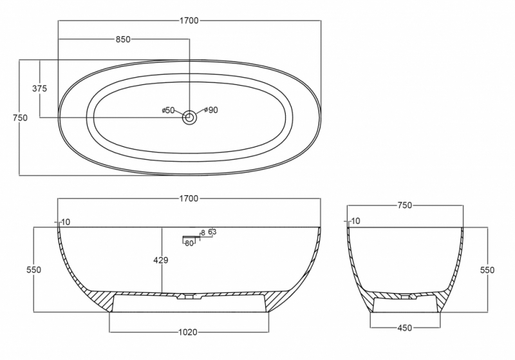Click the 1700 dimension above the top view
tap(189, 21)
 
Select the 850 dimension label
tap(123, 39)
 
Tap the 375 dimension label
tap(40, 88)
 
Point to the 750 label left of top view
tap(20, 118)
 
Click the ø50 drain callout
tap(168, 110)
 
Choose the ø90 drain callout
tap(211, 110)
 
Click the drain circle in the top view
tap(189, 117)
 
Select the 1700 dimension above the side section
tap(189, 198)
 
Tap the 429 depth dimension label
tap(161, 260)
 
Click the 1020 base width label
tap(188, 332)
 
